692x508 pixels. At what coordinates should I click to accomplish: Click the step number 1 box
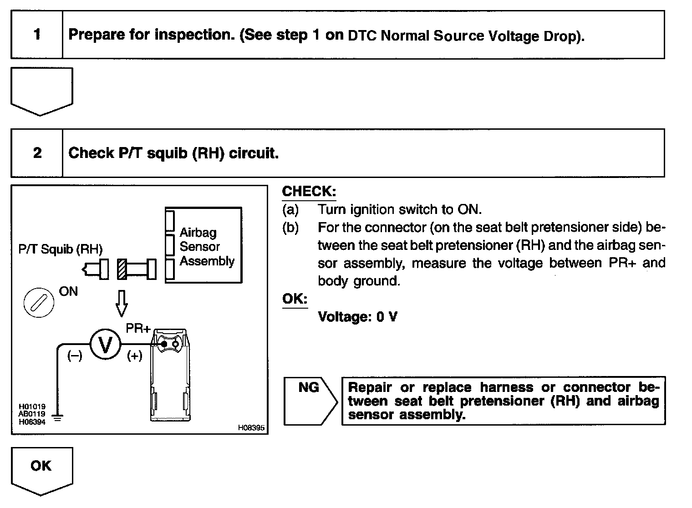tap(37, 35)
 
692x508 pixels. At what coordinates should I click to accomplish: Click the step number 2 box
tap(37, 153)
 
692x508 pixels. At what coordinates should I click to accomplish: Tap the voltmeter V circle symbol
tap(105, 345)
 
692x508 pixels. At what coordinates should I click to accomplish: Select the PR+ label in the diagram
tap(138, 328)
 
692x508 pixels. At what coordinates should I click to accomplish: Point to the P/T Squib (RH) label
tap(61, 249)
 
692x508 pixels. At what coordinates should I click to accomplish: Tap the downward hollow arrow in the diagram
tap(121, 303)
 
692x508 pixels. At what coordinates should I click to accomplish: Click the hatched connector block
tap(122, 269)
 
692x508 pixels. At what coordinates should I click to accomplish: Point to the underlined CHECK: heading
tap(309, 192)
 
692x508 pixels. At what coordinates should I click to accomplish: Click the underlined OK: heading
tap(295, 299)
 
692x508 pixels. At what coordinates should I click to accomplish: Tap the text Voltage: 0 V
tap(357, 317)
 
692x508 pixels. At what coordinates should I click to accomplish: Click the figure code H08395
tap(251, 428)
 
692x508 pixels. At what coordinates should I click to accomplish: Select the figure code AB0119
tap(31, 414)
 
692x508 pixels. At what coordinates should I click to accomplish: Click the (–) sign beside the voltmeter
tap(75, 356)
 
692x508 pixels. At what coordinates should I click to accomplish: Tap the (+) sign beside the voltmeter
tap(134, 356)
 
